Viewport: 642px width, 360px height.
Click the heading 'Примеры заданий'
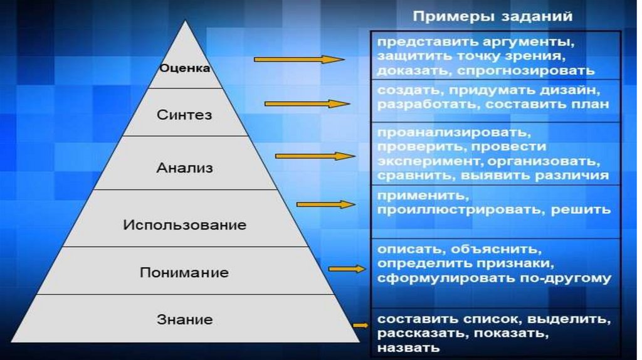(x=492, y=17)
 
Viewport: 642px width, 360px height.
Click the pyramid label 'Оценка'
(x=184, y=68)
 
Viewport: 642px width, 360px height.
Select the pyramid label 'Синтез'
(x=184, y=115)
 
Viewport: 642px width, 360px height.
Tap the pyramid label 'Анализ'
(x=184, y=168)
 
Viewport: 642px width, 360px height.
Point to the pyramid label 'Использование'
(x=184, y=225)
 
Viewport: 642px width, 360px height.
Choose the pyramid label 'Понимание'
(x=184, y=273)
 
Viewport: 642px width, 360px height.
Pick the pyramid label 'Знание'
(x=184, y=320)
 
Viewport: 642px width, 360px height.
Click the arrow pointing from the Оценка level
(x=299, y=60)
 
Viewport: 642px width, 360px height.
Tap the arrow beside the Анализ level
(x=314, y=155)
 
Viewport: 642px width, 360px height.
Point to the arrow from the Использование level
(x=325, y=204)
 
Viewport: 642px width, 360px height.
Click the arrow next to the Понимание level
(x=346, y=268)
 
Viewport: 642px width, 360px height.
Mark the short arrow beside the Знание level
(x=360, y=325)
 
